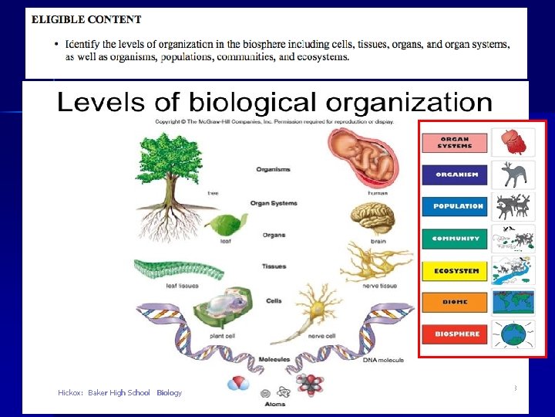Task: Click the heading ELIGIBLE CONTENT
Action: coord(86,20)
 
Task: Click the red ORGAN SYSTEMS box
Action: coord(455,143)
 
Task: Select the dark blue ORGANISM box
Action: coord(455,175)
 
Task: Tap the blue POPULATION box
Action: coord(455,207)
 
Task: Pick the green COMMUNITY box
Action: coord(455,239)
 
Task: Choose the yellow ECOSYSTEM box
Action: coord(455,271)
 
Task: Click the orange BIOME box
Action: coord(455,303)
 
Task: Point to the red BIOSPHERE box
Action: coord(455,334)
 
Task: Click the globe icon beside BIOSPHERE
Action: coord(513,335)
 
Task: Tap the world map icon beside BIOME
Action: coord(513,303)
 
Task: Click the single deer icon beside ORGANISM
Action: coord(513,175)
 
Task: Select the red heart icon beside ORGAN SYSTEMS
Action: coord(511,143)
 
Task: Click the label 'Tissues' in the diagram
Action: coord(274,266)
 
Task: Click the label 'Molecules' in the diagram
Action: coord(274,359)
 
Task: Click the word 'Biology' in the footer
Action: coord(170,393)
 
